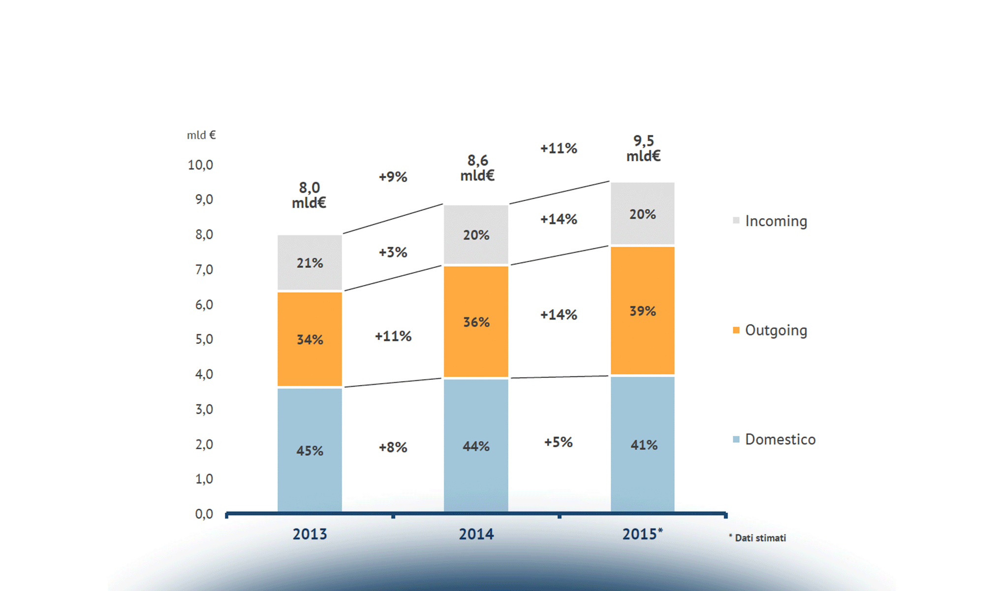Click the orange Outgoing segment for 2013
[x=310, y=339]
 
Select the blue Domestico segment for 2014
[x=476, y=445]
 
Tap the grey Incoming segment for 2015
[x=642, y=213]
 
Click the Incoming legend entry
[x=770, y=221]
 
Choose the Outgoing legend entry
[x=770, y=330]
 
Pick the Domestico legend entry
[x=774, y=439]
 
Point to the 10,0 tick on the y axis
[x=200, y=165]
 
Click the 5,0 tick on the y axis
[x=204, y=339]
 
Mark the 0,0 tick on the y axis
[x=204, y=514]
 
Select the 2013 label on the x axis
[x=310, y=534]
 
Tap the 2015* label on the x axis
[x=642, y=534]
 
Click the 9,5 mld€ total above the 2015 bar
[x=643, y=148]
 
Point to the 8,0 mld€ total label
[x=309, y=195]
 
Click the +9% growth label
[x=393, y=177]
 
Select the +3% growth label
[x=393, y=253]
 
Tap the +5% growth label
[x=558, y=442]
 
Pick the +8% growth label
[x=393, y=448]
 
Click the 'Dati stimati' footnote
[x=758, y=538]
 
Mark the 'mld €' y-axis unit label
[x=201, y=135]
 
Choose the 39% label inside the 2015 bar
[x=642, y=311]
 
